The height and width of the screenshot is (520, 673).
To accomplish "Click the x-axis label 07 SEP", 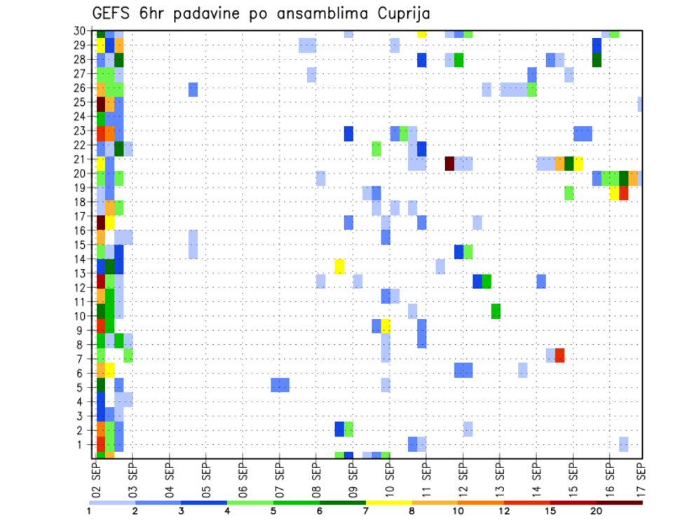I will [x=279, y=478].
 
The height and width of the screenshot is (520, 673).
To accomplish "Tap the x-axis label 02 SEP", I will [x=97, y=478].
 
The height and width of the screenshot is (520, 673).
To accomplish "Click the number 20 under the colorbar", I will [x=596, y=511].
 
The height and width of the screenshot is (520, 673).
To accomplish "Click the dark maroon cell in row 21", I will [x=450, y=163].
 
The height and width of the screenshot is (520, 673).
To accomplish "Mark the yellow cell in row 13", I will [x=339, y=266].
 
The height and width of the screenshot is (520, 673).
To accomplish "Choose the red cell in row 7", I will [x=559, y=355].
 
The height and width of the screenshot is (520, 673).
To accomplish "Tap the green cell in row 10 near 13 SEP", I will [x=496, y=311].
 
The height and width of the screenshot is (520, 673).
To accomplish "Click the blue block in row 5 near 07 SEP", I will [x=280, y=385].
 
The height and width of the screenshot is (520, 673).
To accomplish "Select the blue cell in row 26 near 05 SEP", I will [x=193, y=89].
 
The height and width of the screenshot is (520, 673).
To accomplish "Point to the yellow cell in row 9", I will [x=386, y=326].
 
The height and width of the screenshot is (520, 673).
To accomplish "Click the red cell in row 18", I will [x=623, y=193].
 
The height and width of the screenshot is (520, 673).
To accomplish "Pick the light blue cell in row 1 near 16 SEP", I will [x=623, y=444].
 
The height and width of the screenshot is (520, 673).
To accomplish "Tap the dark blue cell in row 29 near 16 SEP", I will [x=597, y=45].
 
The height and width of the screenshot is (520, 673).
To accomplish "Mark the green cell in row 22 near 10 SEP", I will [x=376, y=149].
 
